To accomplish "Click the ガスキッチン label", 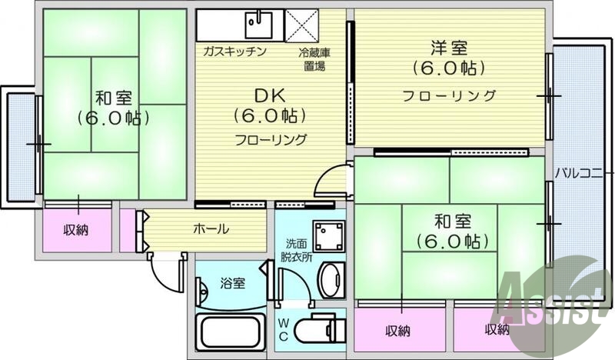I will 234,52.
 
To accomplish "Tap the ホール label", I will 210,228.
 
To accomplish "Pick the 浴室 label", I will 233,283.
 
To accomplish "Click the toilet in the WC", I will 317,329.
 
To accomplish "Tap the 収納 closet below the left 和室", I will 76,229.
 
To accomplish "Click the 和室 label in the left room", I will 114,98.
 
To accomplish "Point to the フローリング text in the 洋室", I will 450,96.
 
